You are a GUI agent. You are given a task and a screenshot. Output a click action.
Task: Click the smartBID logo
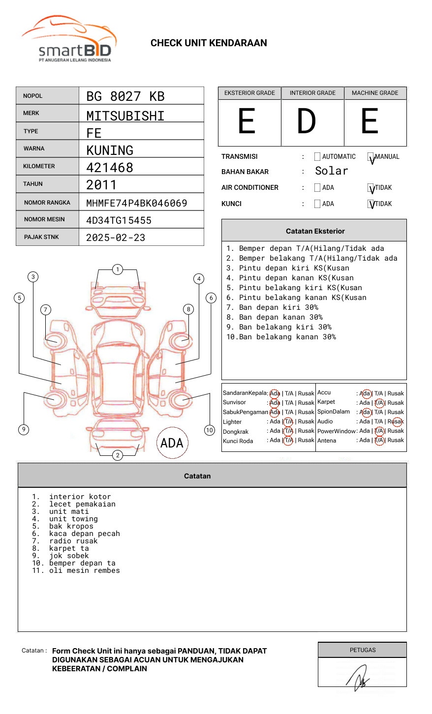pyautogui.click(x=69, y=39)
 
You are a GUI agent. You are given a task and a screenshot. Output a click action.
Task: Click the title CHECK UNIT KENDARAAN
pyautogui.click(x=209, y=43)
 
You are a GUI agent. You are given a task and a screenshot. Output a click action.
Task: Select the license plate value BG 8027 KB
pyautogui.click(x=125, y=96)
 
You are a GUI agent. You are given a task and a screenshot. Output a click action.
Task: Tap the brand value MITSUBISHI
pyautogui.click(x=125, y=116)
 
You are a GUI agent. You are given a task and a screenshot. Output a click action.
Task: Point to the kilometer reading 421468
pyautogui.click(x=110, y=168)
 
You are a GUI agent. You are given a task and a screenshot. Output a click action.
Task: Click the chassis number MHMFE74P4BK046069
pyautogui.click(x=137, y=203)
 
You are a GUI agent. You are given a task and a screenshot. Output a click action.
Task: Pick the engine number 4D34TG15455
pyautogui.click(x=119, y=220)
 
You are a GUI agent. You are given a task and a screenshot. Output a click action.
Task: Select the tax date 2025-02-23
pyautogui.click(x=116, y=238)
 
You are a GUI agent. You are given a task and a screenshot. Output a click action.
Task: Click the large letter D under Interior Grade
pyautogui.click(x=307, y=121)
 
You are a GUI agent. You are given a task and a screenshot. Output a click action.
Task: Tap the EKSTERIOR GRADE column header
pyautogui.click(x=249, y=93)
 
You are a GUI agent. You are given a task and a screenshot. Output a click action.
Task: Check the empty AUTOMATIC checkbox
pyautogui.click(x=317, y=157)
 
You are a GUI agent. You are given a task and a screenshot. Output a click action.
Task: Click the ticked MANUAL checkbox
pyautogui.click(x=371, y=157)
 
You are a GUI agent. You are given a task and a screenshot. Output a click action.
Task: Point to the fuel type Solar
pyautogui.click(x=331, y=171)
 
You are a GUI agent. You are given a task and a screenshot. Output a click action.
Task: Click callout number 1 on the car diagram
pyautogui.click(x=117, y=269)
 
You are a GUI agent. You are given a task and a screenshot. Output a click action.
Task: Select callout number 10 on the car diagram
pyautogui.click(x=210, y=430)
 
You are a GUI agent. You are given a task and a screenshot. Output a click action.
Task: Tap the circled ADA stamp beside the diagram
pyautogui.click(x=172, y=443)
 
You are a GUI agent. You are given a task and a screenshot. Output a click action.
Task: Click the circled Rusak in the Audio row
pyautogui.click(x=396, y=421)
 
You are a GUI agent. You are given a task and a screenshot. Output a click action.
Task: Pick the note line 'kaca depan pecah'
pyautogui.click(x=84, y=534)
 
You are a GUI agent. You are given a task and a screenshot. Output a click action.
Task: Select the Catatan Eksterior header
pyautogui.click(x=315, y=231)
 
